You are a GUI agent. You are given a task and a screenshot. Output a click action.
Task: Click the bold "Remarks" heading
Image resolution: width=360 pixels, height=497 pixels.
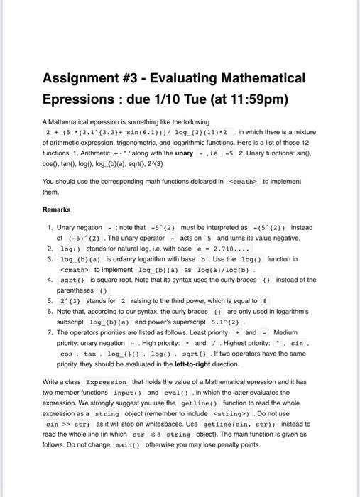click(57, 210)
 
